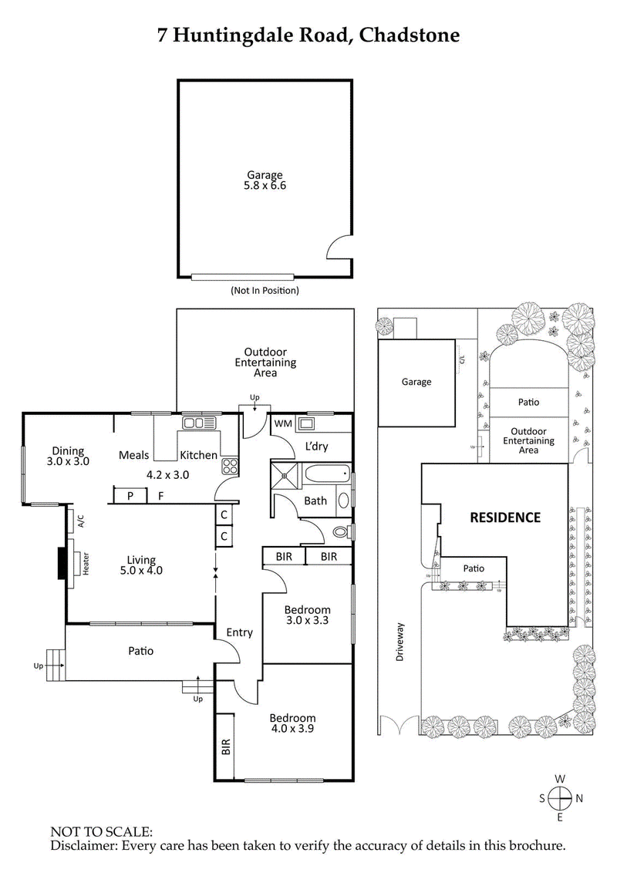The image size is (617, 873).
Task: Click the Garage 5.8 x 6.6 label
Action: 265,180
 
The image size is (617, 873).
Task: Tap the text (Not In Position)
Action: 265,291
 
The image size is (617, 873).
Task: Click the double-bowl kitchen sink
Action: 198,423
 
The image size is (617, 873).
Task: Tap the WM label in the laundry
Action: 282,423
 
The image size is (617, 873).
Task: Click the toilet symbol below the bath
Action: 339,531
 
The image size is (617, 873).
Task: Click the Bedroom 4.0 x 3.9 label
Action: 293,722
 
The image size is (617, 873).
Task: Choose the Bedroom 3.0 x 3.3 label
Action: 306,614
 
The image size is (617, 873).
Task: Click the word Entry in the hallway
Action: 239,632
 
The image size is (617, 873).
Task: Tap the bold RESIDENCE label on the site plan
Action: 505,517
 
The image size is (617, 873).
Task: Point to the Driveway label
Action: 400,642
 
